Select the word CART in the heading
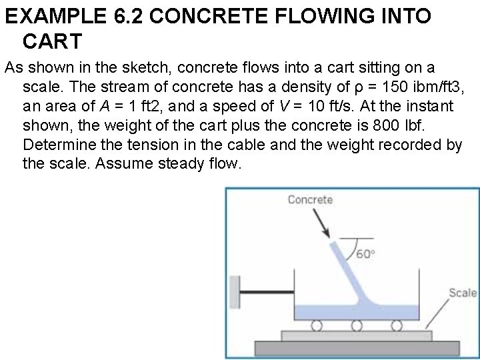52,41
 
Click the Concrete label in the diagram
310,199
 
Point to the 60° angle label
365,254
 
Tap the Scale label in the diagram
463,293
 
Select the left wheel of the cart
317,325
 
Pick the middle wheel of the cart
357,325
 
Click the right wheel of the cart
397,325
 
